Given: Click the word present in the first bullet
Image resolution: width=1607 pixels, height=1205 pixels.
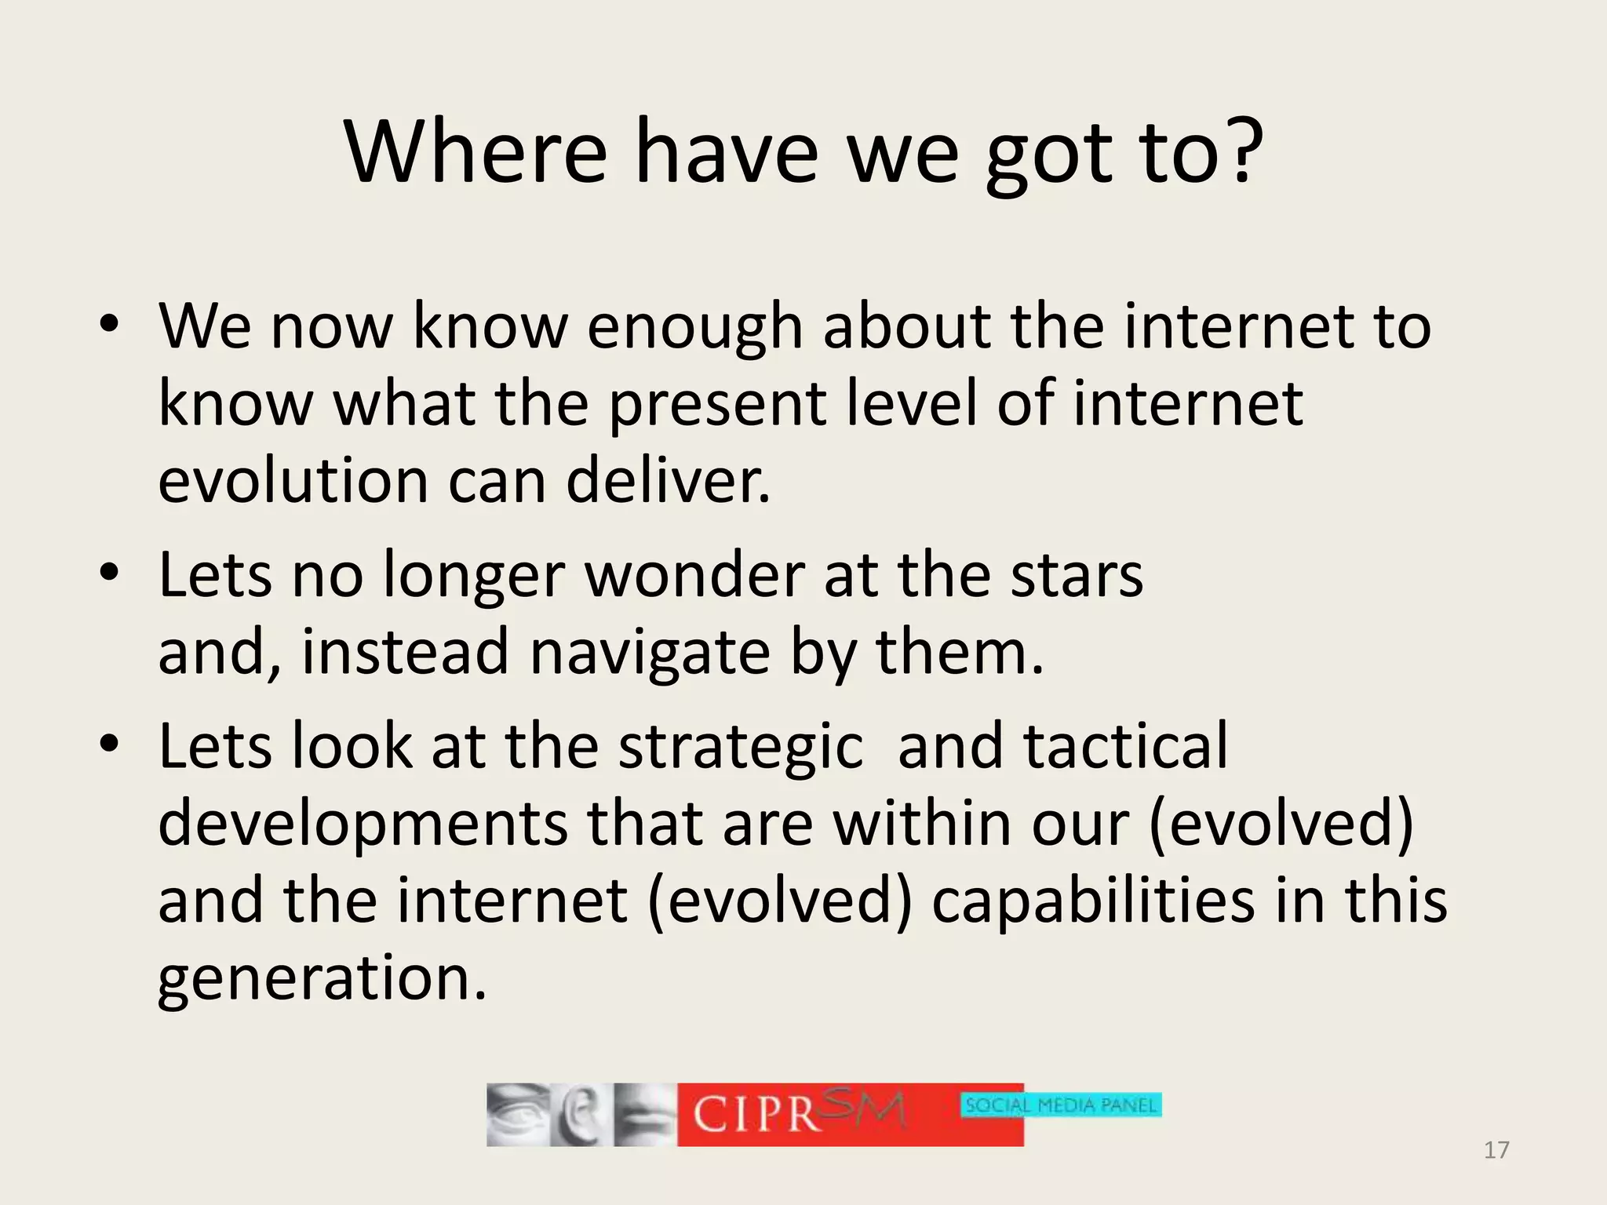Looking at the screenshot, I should point(717,403).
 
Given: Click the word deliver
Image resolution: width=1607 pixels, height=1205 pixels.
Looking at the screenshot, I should point(668,480).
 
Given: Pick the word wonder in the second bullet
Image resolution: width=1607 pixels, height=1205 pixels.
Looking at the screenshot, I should point(694,575).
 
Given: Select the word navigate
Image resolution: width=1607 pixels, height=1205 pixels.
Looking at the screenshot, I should point(649,652).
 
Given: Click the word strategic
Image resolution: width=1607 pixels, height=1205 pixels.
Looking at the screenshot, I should point(741,746).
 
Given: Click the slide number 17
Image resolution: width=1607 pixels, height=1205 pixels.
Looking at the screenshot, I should point(1496,1150).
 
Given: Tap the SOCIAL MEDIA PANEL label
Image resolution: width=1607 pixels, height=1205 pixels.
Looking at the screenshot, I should point(1061,1105).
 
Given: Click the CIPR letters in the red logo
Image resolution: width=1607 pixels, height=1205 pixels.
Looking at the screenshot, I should point(756,1114).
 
